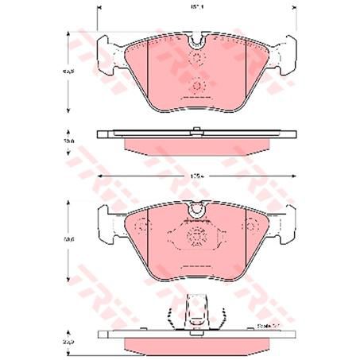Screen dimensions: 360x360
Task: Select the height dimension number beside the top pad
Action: click(x=70, y=72)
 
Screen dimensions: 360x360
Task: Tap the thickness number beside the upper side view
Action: click(x=70, y=140)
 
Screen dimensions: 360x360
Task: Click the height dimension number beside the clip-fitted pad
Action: click(x=70, y=238)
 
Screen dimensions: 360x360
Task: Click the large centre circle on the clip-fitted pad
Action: click(x=196, y=235)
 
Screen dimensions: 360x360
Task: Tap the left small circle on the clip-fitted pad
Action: click(x=144, y=228)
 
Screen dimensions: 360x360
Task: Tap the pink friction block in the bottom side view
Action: click(x=196, y=343)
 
